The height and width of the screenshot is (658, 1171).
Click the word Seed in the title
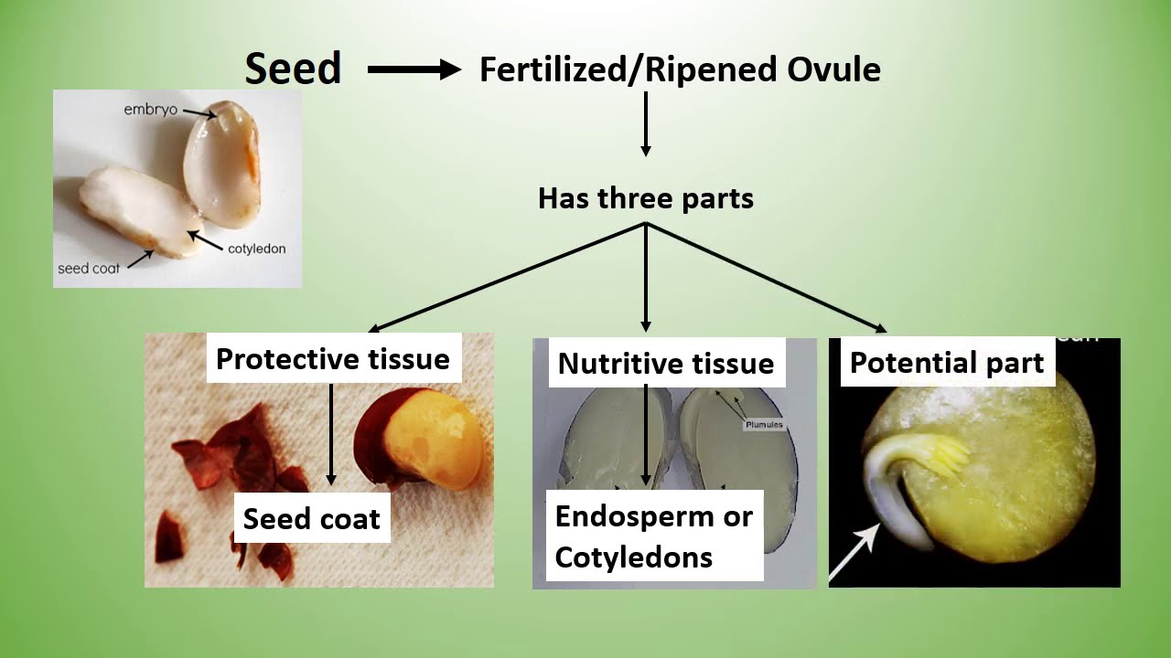point(293,69)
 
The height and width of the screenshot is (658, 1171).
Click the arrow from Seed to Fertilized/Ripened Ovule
point(414,69)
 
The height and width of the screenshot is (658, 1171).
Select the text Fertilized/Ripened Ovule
point(680,69)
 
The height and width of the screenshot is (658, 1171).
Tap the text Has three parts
point(645,198)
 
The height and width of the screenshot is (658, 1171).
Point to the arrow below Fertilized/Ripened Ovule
point(645,123)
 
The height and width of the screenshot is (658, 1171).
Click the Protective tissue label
point(333,359)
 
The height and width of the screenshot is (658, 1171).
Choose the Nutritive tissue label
point(665,364)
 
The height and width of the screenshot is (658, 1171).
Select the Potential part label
point(947,363)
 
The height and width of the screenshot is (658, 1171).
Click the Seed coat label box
point(311,519)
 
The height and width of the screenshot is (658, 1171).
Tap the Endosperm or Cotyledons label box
point(653,536)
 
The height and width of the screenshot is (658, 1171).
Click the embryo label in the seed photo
point(150,110)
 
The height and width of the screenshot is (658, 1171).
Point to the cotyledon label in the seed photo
point(257,249)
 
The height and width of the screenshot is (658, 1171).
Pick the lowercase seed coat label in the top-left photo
point(89,269)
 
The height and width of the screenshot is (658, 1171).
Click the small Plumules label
point(763,426)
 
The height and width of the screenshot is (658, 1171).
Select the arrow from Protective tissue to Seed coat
point(331,434)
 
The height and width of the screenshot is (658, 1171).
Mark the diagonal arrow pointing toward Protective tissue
point(508,278)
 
